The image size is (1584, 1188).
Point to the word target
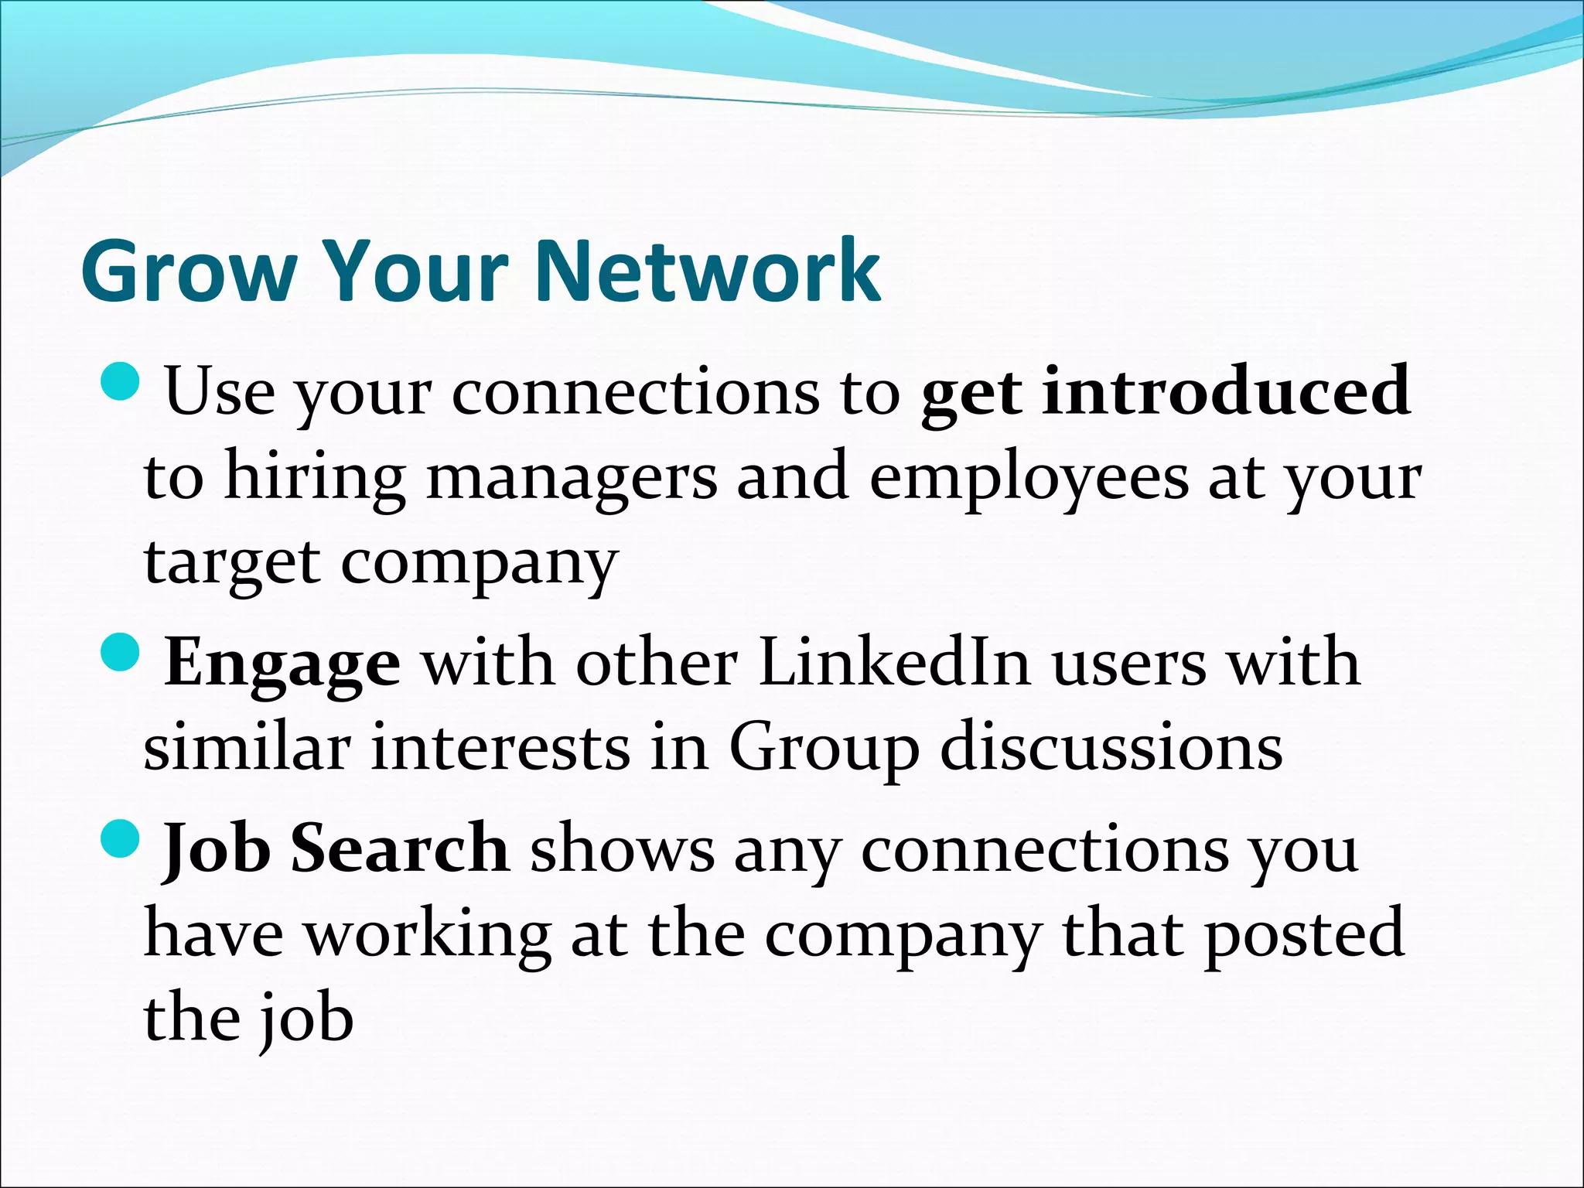[231, 564]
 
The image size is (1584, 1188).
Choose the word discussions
[1111, 748]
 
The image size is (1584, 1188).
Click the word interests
[500, 748]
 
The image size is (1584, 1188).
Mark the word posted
[1303, 934]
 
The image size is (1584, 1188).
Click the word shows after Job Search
[622, 849]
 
